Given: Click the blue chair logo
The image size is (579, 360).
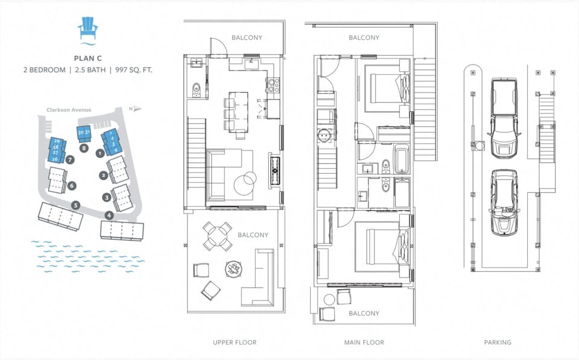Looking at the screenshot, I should click(89, 29).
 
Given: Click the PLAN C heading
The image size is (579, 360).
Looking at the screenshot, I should click(89, 58).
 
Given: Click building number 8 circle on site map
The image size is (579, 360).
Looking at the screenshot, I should click(84, 147).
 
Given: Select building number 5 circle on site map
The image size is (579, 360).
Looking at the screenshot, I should click(75, 204).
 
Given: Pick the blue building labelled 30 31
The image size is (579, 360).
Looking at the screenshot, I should click(84, 133).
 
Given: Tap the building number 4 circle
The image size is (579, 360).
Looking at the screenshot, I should click(109, 215).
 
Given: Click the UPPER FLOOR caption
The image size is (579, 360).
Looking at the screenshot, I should click(235, 343).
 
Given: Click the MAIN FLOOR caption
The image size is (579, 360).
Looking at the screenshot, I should click(364, 343).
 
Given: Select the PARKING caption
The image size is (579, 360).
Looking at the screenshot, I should click(498, 343).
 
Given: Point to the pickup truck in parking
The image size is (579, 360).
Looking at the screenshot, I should click(504, 116).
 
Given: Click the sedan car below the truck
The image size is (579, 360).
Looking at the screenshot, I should click(504, 202).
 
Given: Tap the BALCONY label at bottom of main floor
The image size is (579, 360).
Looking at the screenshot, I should click(364, 314).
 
